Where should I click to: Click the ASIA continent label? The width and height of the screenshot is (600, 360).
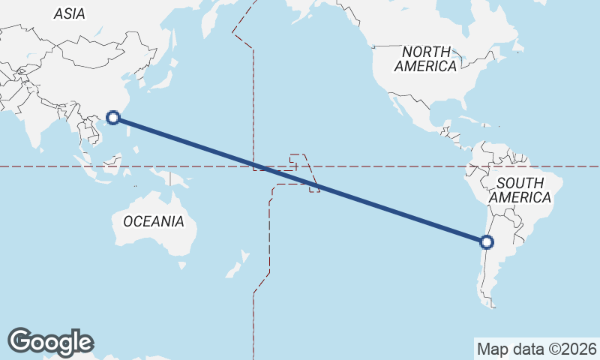click(70, 13)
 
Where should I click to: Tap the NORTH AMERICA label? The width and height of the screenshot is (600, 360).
click(426, 59)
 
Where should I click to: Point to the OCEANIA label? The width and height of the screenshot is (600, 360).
click(153, 221)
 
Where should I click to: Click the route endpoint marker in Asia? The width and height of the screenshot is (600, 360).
click(113, 117)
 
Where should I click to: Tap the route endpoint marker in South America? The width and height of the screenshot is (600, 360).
click(487, 241)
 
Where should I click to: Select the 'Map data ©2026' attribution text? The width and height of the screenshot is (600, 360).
click(537, 349)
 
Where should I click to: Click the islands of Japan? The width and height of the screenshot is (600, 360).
click(160, 75)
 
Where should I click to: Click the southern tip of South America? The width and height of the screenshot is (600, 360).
click(491, 303)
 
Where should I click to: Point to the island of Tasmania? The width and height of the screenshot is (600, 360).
click(182, 265)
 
